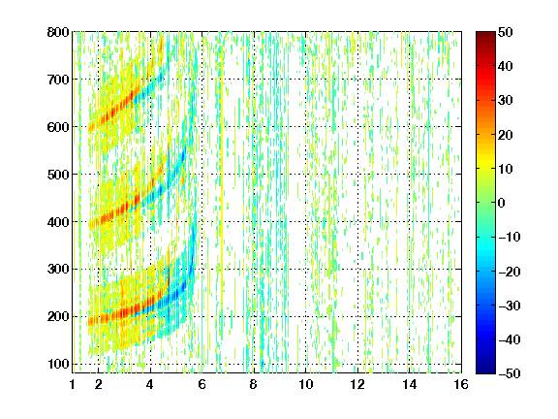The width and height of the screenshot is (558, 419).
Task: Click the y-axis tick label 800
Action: [58, 32]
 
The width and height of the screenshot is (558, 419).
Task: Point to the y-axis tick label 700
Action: [58, 80]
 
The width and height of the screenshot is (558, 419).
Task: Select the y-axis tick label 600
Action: [58, 127]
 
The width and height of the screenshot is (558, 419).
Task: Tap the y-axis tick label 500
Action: [58, 175]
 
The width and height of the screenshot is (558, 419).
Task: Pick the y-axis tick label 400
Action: [58, 222]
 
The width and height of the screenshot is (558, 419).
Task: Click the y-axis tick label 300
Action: [58, 270]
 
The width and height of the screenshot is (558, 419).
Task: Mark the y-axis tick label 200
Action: [58, 317]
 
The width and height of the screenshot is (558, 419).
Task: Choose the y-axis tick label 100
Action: [58, 364]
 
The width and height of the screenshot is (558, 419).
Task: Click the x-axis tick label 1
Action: [73, 384]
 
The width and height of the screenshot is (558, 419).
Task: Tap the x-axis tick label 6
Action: [201, 384]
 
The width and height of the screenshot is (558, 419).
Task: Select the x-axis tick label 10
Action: [306, 384]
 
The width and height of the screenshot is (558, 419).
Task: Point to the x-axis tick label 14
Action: [410, 384]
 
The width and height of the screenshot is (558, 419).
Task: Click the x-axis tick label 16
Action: [461, 384]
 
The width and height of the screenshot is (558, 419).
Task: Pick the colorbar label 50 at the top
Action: [506, 32]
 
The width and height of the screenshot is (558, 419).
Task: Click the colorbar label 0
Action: [502, 203]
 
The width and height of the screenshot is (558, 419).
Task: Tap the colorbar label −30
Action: [510, 306]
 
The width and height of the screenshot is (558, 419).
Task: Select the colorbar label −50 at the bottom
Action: [510, 373]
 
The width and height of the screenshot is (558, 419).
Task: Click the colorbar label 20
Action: [506, 135]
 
